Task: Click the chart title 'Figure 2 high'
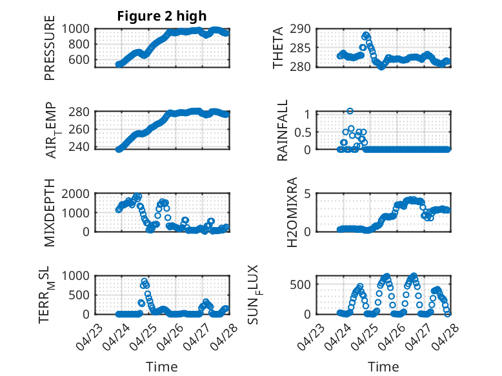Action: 162,16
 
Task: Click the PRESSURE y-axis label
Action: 50,48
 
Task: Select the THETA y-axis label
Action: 278,48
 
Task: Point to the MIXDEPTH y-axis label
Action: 50,213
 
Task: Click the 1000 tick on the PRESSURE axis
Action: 78,29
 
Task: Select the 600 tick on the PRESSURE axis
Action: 82,60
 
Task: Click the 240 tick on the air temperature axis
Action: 82,148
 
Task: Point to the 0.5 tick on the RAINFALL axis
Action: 303,132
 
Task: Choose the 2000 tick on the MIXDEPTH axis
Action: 78,193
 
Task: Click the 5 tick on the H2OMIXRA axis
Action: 309,193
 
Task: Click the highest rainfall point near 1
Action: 350,111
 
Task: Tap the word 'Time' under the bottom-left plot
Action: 161,367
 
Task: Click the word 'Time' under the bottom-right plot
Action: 383,367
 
